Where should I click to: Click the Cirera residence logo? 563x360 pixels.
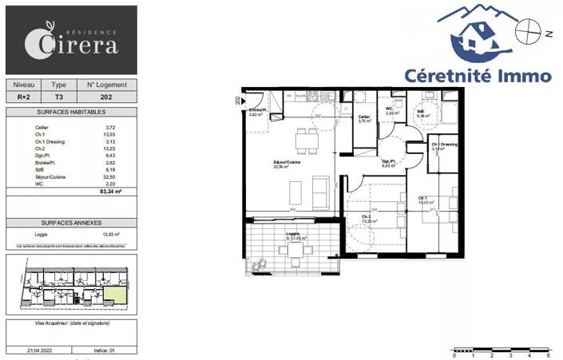70,40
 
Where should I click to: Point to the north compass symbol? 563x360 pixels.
527,34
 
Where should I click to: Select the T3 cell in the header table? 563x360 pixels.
58,96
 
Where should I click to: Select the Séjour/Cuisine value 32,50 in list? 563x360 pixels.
111,176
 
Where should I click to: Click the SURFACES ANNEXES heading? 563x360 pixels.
71,224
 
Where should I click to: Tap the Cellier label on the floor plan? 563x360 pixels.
363,119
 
